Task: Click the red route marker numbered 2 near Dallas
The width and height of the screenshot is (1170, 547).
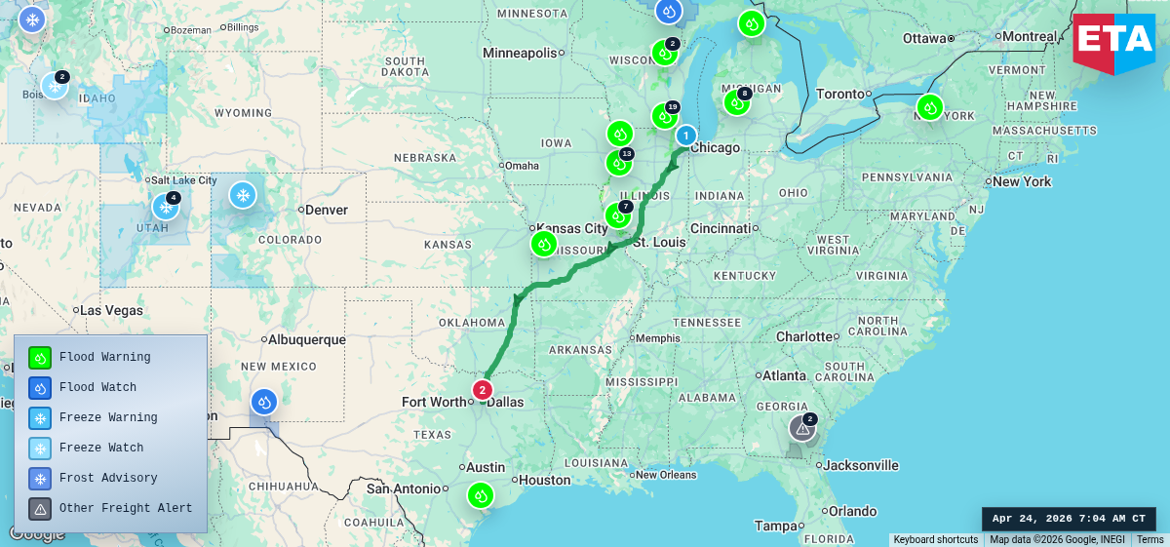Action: tap(482, 390)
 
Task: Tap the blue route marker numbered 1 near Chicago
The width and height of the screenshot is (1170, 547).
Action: tap(686, 136)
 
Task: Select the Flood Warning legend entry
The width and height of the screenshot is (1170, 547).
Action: tap(104, 357)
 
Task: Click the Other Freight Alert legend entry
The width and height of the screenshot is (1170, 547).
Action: tap(125, 508)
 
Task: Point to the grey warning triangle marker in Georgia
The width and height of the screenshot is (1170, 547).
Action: tap(802, 428)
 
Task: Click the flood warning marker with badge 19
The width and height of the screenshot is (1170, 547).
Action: tap(664, 116)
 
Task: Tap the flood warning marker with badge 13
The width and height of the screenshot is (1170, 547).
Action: tap(618, 163)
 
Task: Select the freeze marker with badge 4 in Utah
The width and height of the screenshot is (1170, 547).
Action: tap(165, 207)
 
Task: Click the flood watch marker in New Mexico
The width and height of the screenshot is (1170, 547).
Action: tap(264, 402)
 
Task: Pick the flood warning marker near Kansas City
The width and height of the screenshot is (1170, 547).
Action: tap(544, 244)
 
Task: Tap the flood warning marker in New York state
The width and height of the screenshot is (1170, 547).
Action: tap(930, 107)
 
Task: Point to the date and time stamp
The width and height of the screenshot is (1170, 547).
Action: tap(1069, 519)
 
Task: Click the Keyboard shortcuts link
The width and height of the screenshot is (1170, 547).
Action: tap(935, 539)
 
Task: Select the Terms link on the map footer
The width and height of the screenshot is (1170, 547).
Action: tap(1150, 539)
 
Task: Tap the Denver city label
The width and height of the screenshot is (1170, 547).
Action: tap(326, 210)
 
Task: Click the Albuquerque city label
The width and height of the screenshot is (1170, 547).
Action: tap(308, 339)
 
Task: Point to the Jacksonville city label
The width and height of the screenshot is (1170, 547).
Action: tap(860, 465)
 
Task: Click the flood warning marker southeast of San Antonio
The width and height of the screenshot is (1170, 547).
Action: tap(480, 495)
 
